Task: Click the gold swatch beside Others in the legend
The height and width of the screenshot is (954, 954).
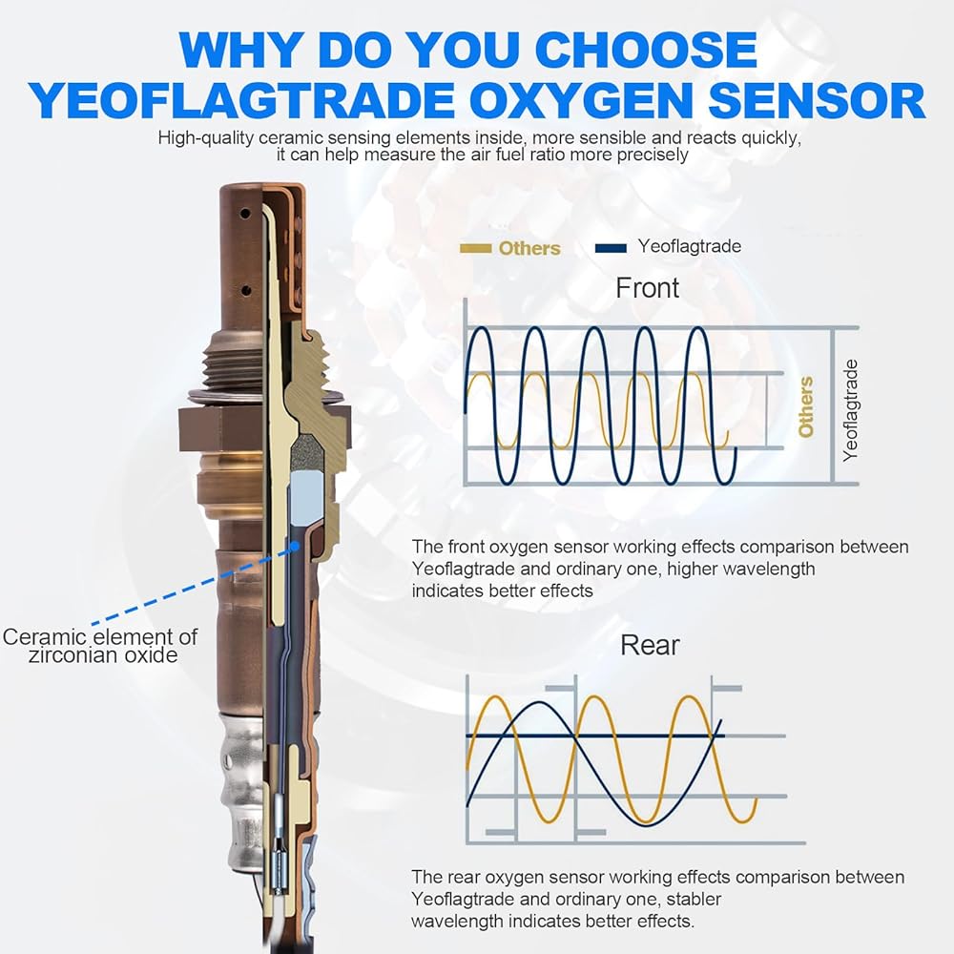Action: click(x=475, y=248)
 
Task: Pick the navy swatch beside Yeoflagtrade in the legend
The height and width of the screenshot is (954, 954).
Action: click(x=611, y=248)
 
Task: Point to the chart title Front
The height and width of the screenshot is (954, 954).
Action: click(x=647, y=288)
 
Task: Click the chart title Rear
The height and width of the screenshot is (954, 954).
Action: click(x=650, y=645)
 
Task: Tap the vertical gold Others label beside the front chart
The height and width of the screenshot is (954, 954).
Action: click(x=805, y=406)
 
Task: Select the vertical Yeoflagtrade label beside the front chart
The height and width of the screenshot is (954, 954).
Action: click(x=850, y=410)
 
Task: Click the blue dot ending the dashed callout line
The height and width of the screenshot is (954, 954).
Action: click(x=295, y=547)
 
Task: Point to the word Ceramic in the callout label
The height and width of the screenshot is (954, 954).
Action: click(x=45, y=637)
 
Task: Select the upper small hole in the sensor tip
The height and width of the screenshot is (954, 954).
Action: click(x=245, y=214)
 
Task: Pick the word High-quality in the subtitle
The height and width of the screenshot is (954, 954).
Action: click(x=206, y=138)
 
